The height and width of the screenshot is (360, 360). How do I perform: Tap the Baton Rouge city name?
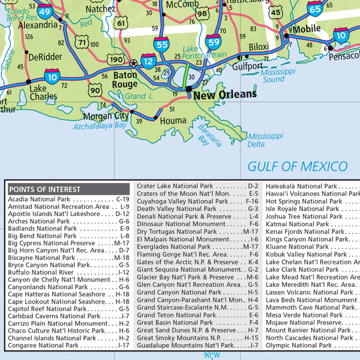click(x=124, y=80)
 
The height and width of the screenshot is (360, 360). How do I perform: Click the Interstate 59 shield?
click(x=213, y=41)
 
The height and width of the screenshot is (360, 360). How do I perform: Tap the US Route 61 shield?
click(x=122, y=23)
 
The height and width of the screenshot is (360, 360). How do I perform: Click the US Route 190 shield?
click(x=116, y=60)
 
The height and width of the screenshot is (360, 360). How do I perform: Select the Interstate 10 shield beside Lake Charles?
click(x=52, y=76)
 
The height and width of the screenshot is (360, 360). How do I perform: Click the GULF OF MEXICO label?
click(x=298, y=166)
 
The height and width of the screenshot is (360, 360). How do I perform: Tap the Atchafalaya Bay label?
click(x=100, y=127)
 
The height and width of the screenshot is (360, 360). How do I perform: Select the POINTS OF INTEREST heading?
click(x=43, y=188)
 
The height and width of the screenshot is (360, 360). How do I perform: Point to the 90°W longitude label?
click(x=212, y=355)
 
